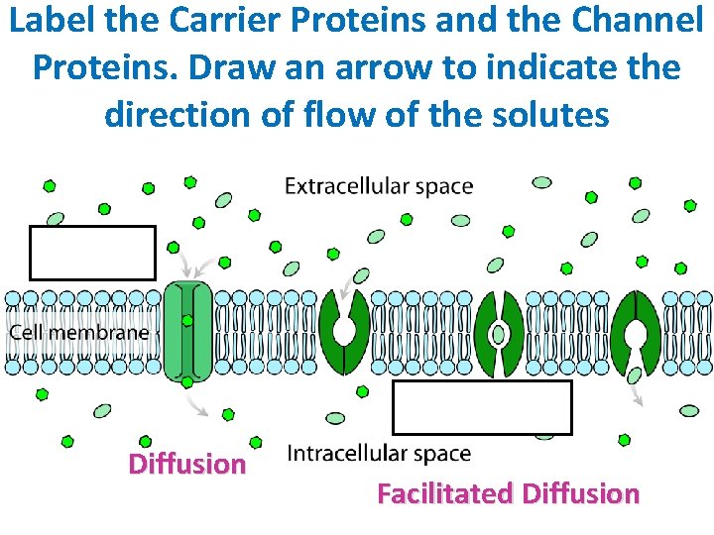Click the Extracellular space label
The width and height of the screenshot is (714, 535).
point(379,186)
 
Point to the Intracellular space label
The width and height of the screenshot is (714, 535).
point(378,454)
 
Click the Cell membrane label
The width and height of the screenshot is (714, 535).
point(79,332)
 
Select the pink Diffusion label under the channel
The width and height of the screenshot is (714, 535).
point(187,464)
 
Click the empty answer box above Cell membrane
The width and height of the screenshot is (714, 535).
point(92,253)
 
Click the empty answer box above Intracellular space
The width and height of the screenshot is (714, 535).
point(482,407)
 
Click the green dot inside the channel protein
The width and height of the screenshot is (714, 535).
point(187,320)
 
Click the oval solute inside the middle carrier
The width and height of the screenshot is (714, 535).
point(499,334)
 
